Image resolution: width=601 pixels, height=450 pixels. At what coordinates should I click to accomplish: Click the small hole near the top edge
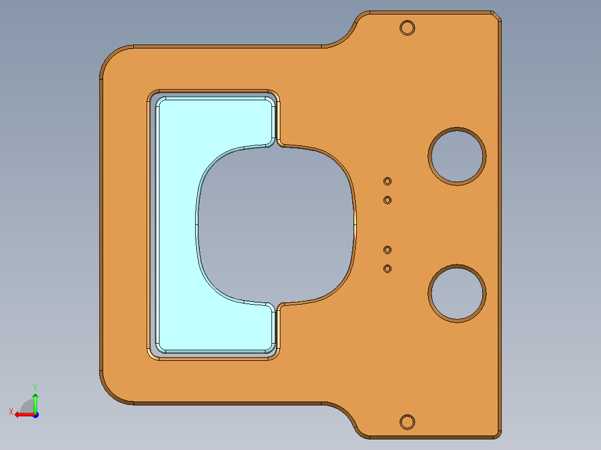tap(408, 27)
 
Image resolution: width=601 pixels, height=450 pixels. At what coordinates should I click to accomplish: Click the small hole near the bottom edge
tap(408, 422)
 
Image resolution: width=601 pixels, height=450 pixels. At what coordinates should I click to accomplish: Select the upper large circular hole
tap(457, 155)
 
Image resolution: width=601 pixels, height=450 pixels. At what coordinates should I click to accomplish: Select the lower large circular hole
tap(457, 293)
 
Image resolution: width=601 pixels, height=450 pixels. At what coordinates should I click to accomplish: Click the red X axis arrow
tap(22, 414)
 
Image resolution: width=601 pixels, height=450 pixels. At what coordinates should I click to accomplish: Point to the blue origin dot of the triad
tap(35, 414)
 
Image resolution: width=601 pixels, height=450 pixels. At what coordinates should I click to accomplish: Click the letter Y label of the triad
tap(35, 387)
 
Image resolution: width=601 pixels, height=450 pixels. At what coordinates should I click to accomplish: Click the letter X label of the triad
tap(11, 412)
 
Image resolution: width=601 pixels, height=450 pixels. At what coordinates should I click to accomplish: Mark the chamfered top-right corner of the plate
tap(497, 16)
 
